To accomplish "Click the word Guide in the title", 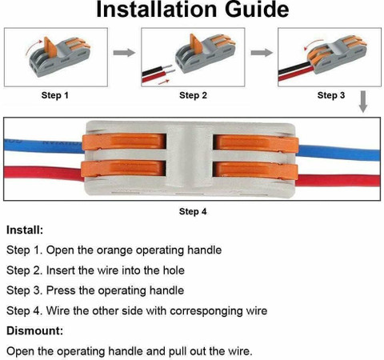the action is (257, 10).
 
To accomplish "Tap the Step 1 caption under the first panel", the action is (55, 95).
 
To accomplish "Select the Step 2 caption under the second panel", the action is (193, 95).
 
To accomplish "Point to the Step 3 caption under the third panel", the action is (331, 95).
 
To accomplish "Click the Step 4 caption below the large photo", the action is (193, 211).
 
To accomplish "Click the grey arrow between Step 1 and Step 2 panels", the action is (124, 53).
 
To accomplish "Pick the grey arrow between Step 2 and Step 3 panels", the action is (262, 53).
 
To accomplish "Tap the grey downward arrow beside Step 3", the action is (363, 102).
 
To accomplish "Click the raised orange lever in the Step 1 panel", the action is (50, 47).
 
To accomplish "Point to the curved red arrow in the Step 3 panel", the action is (313, 43).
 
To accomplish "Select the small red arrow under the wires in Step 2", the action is (164, 82).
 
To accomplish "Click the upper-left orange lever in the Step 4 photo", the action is (124, 142).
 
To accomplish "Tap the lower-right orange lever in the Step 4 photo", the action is (255, 170).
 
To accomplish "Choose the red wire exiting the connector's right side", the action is (338, 181).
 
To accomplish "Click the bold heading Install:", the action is (25, 230).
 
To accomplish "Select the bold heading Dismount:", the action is (34, 330).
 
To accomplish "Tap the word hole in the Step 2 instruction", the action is (174, 270).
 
